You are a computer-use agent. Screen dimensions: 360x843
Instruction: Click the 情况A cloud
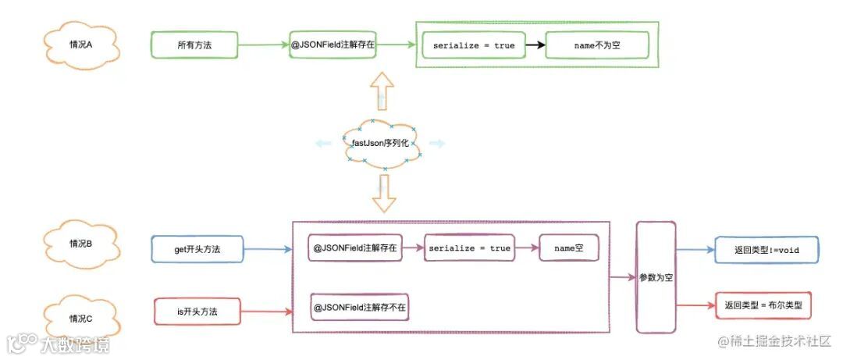[x=81, y=45]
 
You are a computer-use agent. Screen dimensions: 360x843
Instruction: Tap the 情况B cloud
[x=80, y=243]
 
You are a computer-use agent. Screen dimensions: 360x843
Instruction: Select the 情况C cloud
[x=80, y=318]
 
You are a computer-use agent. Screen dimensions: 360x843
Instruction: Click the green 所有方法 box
[x=194, y=45]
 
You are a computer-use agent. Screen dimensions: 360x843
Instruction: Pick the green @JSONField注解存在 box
[x=333, y=45]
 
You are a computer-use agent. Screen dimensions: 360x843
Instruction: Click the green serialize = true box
[x=474, y=45]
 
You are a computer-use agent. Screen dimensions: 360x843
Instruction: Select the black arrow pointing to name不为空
[x=534, y=45]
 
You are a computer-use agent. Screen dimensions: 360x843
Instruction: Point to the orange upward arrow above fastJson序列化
[x=382, y=91]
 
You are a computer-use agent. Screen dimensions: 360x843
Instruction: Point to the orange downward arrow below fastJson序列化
[x=382, y=194]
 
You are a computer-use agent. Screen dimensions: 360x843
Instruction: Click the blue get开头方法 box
[x=198, y=249]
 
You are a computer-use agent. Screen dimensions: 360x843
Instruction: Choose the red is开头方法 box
[x=197, y=312]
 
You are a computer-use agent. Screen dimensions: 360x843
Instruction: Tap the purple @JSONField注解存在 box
[x=355, y=248]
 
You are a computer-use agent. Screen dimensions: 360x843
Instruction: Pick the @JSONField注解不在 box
[x=360, y=307]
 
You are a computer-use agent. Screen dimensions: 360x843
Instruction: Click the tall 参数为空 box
[x=656, y=277]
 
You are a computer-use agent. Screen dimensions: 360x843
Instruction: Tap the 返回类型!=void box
[x=763, y=250]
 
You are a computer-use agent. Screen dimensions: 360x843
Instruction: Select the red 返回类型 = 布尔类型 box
[x=763, y=305]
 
